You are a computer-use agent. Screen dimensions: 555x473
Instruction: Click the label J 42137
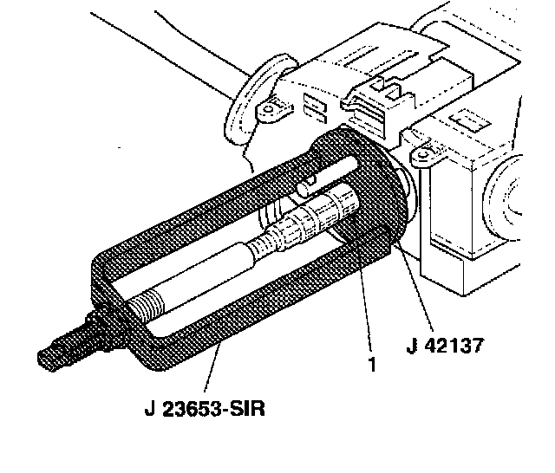pos(444,345)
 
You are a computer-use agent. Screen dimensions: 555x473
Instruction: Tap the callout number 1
pos(372,365)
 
